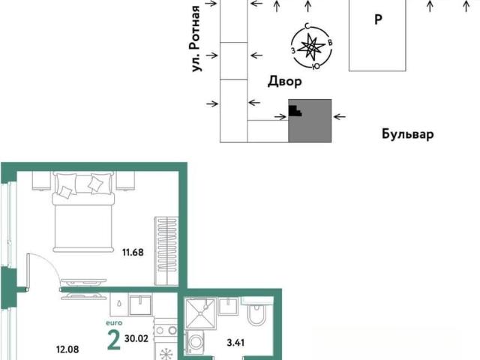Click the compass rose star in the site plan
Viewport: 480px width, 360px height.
(311, 47)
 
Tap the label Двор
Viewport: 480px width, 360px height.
(285, 82)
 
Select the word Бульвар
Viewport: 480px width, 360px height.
(407, 133)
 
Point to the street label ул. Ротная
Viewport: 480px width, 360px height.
(195, 38)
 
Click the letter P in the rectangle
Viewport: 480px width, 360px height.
(378, 19)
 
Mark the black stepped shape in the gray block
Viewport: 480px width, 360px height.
(295, 111)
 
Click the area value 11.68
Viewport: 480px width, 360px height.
(133, 253)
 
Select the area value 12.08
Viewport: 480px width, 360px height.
(67, 349)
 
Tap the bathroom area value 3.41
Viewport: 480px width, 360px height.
(235, 343)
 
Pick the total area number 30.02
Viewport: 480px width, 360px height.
(136, 338)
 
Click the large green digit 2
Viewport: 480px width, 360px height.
(114, 340)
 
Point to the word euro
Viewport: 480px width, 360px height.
(114, 323)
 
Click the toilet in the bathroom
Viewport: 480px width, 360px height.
(256, 313)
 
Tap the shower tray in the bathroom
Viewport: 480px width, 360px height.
(200, 313)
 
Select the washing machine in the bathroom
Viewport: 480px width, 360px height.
(196, 343)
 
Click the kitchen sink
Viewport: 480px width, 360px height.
(140, 305)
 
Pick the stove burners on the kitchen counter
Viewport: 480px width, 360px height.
(166, 330)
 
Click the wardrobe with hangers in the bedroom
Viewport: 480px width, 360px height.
(166, 250)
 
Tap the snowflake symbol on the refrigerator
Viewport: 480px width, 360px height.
(166, 353)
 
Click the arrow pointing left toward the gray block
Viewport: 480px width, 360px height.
(339, 117)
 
